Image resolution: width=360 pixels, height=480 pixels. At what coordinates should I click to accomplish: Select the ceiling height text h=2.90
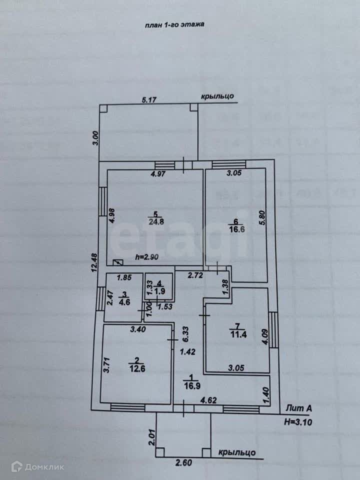pyautogui.click(x=148, y=257)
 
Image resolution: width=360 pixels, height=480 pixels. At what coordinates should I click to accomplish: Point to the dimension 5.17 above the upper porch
pyautogui.click(x=149, y=100)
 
